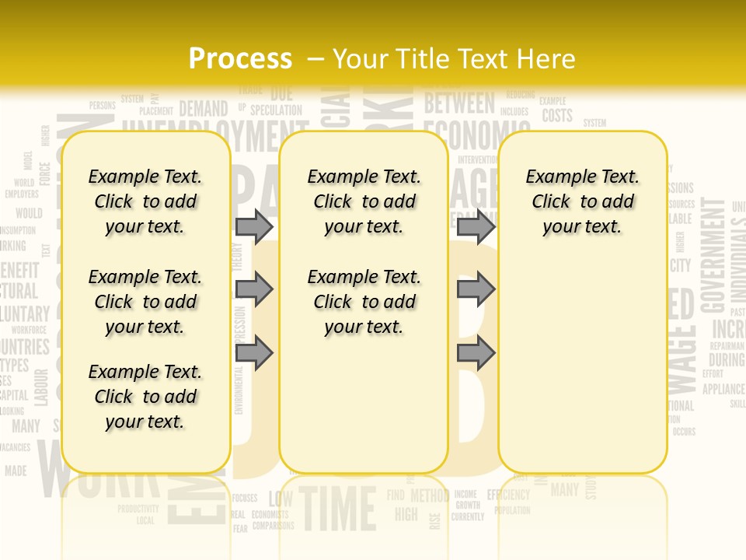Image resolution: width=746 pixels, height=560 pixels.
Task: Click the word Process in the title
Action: [240, 59]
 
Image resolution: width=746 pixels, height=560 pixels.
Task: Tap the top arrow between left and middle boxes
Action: [254, 226]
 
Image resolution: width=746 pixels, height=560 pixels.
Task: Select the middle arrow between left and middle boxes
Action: [254, 289]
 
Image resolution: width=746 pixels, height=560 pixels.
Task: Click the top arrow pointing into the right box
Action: [476, 226]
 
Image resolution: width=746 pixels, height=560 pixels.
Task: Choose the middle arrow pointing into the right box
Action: [476, 289]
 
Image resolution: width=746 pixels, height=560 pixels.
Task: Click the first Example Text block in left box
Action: [145, 201]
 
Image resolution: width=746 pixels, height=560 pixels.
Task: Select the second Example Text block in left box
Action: [145, 302]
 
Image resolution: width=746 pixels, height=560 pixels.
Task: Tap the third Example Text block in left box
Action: [145, 397]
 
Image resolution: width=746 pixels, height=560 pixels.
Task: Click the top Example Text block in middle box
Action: [364, 201]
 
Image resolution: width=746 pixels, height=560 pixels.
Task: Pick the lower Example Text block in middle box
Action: [364, 302]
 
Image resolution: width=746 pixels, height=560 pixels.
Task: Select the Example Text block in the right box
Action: [582, 201]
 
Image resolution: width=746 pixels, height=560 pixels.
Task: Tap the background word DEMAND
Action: [204, 109]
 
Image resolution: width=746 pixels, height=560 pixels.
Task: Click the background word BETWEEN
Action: [459, 103]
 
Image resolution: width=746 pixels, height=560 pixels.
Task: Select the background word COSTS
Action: [557, 116]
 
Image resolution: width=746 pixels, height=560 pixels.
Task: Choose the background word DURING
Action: [726, 360]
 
